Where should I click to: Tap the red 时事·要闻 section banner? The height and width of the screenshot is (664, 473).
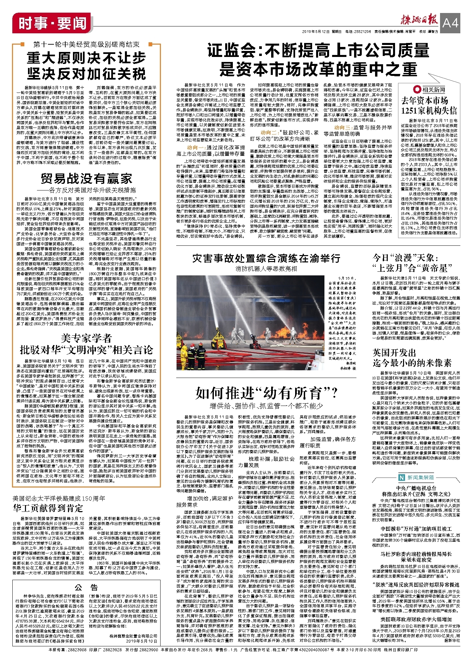(x=52, y=24)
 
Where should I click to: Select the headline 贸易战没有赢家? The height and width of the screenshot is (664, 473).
(x=86, y=178)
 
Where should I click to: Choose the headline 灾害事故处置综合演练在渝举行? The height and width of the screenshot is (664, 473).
(x=266, y=258)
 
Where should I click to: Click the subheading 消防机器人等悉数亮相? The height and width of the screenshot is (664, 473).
(x=266, y=268)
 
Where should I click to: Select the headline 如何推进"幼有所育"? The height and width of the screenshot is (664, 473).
(x=266, y=393)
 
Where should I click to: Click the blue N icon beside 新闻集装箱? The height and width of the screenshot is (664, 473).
(x=402, y=478)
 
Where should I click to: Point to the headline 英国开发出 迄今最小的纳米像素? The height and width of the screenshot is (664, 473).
(x=412, y=358)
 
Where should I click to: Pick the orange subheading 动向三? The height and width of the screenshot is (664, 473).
(x=343, y=128)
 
